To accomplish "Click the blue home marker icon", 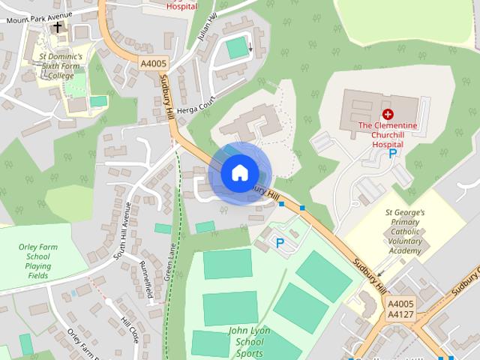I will coord(239,172).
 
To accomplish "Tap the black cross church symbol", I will coord(57,27).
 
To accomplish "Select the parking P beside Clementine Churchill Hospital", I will coord(392,153).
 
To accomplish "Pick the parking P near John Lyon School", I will coord(280,242).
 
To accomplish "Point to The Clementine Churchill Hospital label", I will coord(387,133).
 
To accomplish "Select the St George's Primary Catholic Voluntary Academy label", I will coord(405,232).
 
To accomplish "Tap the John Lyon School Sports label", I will coord(248,341).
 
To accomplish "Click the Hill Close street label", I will coord(130,329).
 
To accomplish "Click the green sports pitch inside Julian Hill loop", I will coord(238,47).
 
